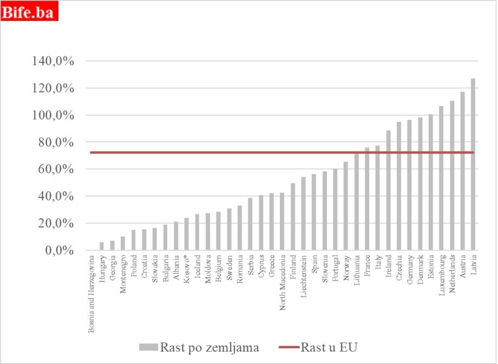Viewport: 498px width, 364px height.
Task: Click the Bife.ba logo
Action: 29,12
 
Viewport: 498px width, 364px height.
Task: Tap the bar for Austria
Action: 462,171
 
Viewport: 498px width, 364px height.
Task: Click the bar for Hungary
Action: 102,246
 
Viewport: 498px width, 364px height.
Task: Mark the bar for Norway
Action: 345,206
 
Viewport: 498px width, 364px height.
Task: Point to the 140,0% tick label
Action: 53,61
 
